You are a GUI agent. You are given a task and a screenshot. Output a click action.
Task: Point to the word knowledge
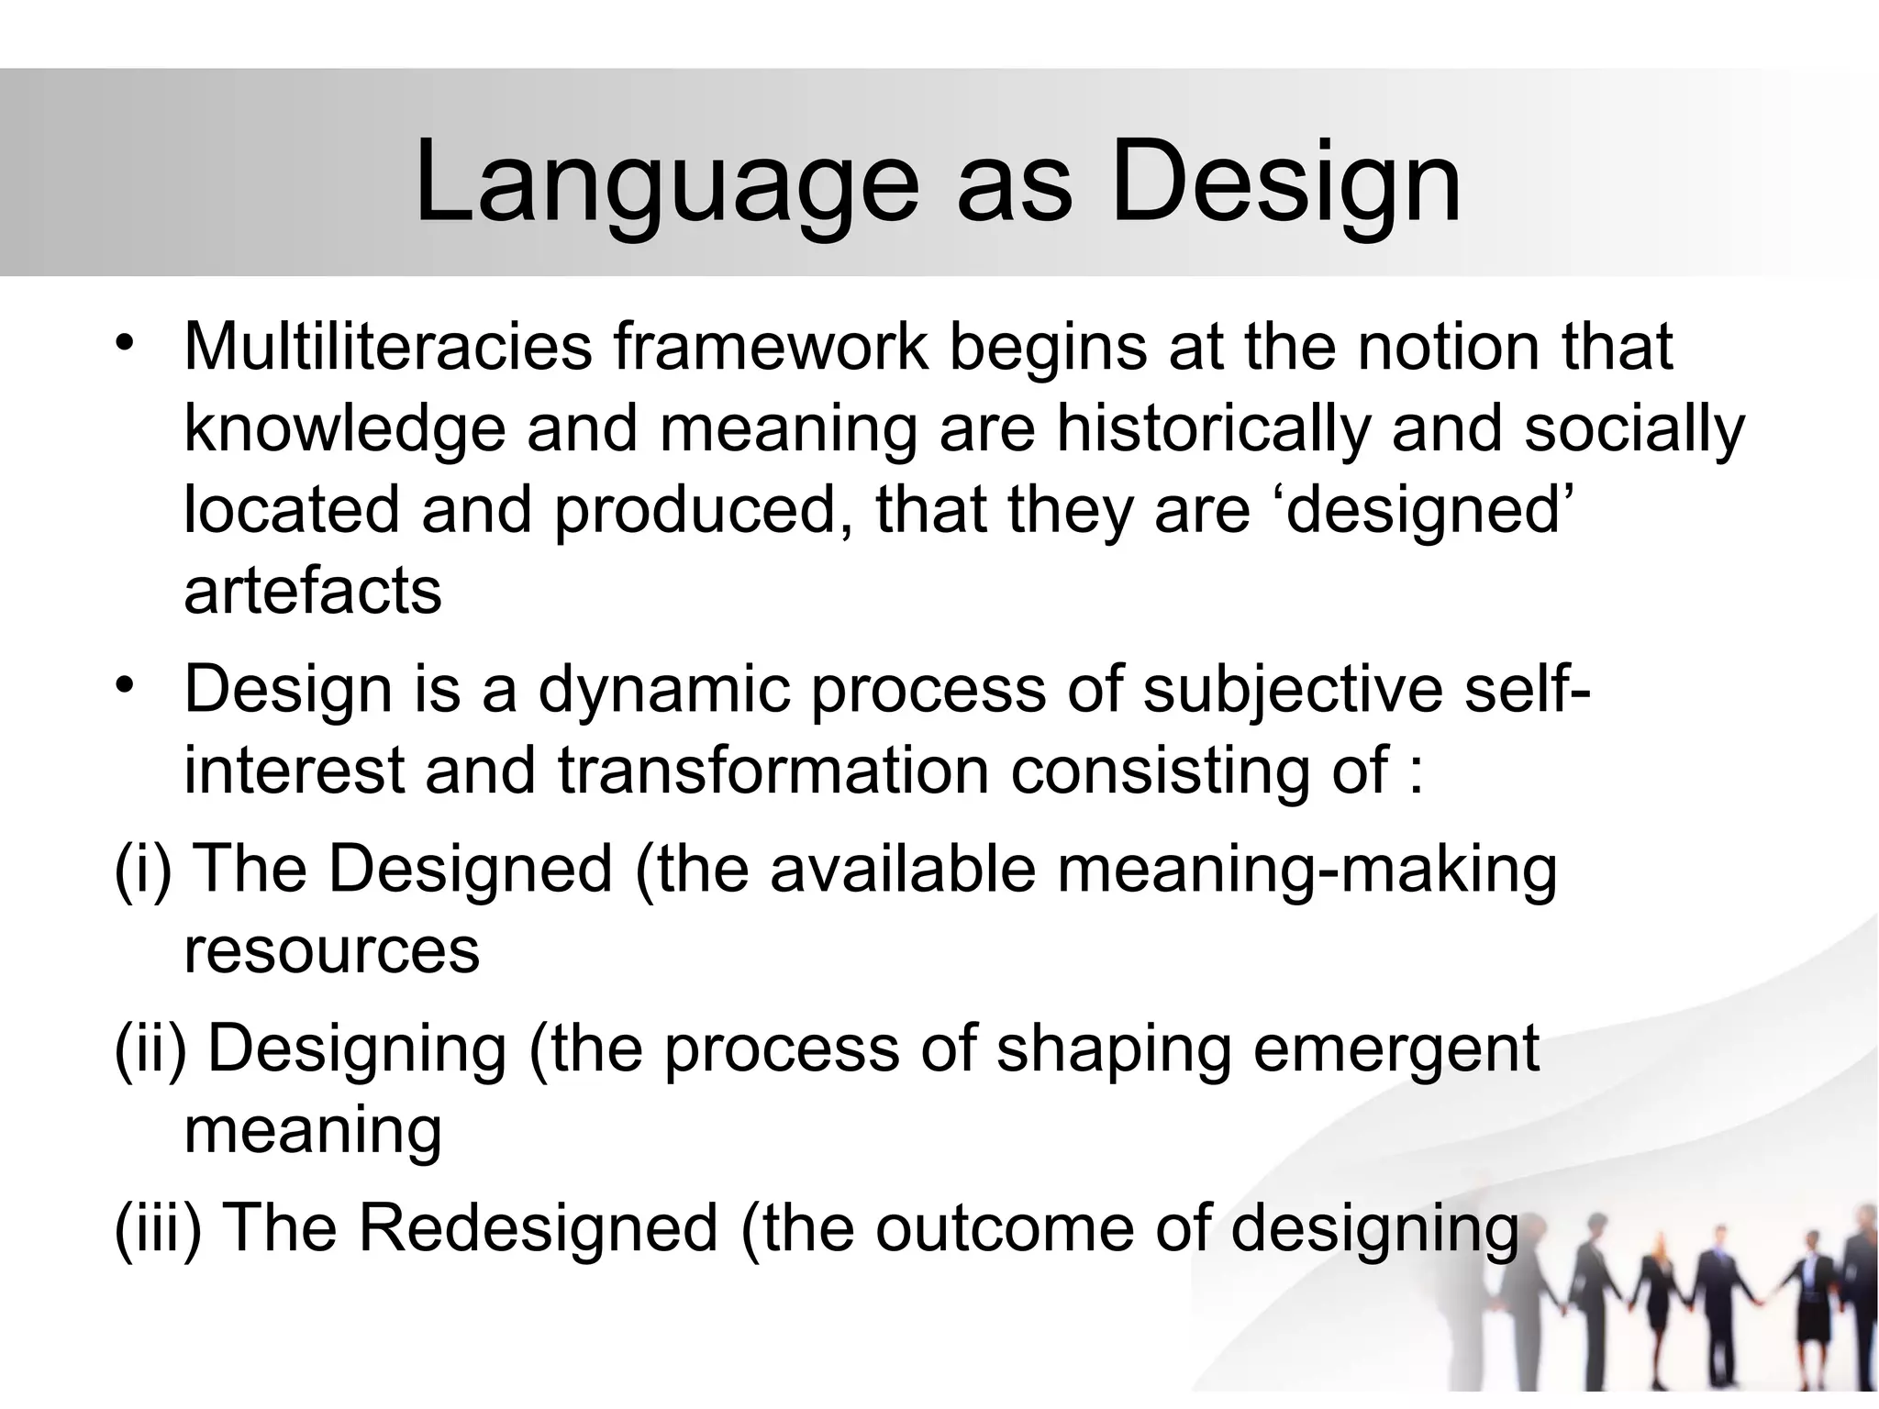[x=345, y=429]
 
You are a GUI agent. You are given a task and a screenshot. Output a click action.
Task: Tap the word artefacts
[x=313, y=591]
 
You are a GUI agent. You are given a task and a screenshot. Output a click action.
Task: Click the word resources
[x=331, y=949]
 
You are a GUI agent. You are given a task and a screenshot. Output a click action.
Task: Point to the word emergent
[x=1395, y=1049]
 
